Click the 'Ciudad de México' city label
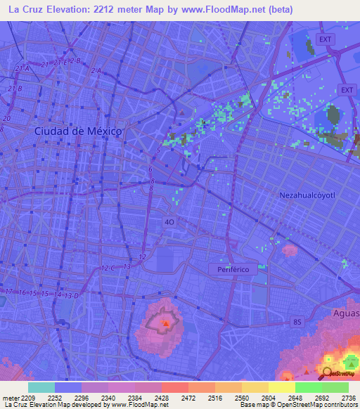coord(78,131)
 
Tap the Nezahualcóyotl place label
coord(312,194)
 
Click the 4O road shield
coord(169,222)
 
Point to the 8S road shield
coord(297,322)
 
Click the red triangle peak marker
coord(166,324)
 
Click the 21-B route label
coord(15,89)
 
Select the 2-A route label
coord(96,71)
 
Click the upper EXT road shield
coord(324,39)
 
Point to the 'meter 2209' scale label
coord(18,397)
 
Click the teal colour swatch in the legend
coord(41,387)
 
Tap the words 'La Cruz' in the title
coord(27,10)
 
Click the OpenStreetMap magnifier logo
coord(327,372)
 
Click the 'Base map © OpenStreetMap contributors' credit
coord(298,405)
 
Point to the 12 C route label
coord(108,268)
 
